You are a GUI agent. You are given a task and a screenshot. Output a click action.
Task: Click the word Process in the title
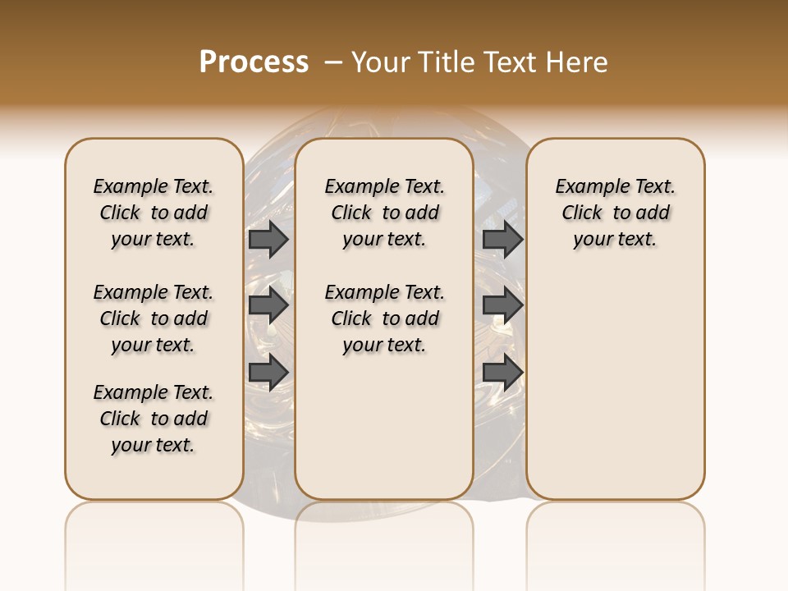point(254,62)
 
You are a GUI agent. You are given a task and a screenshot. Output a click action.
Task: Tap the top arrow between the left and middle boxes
point(268,239)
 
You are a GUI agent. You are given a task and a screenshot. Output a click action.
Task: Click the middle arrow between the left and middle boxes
point(268,305)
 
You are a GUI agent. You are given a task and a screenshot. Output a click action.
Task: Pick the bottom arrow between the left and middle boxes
point(268,372)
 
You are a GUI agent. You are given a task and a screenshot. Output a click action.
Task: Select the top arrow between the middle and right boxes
point(502,239)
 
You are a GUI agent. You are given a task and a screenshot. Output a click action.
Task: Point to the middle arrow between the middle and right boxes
point(502,305)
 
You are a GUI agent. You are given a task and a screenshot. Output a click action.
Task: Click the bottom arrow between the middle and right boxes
point(502,372)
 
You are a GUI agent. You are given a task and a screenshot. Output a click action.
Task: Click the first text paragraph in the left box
point(153,213)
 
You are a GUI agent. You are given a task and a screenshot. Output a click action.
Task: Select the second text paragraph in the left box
point(153,318)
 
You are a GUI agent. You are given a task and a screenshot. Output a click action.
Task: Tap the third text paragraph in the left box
point(153,419)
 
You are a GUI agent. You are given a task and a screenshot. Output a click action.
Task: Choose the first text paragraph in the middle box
point(384,213)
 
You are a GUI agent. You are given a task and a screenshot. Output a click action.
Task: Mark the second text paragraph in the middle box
point(384,318)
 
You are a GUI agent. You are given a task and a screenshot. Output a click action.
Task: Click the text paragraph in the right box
point(615,213)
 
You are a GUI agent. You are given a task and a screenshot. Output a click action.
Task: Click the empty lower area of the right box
point(615,386)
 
